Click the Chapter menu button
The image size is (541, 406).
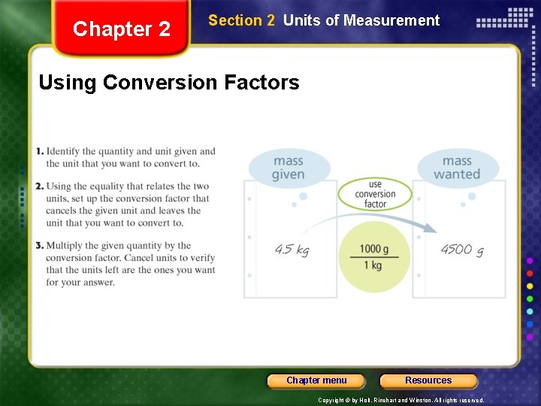316,380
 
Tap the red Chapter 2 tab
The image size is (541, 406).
122,29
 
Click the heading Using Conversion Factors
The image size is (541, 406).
168,82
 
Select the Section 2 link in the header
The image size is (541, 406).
241,21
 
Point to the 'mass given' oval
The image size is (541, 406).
289,168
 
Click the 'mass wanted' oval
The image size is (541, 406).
457,168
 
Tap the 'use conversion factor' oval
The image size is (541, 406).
375,194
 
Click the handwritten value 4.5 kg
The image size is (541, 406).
292,250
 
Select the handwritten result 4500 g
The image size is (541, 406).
461,250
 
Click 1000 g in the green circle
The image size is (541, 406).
374,250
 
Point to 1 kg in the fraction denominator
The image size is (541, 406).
373,265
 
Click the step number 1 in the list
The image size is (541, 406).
40,152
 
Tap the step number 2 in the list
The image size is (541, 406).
40,186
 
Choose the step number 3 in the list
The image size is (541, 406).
40,246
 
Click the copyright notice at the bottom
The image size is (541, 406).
401,401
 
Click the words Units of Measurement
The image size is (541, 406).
361,21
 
